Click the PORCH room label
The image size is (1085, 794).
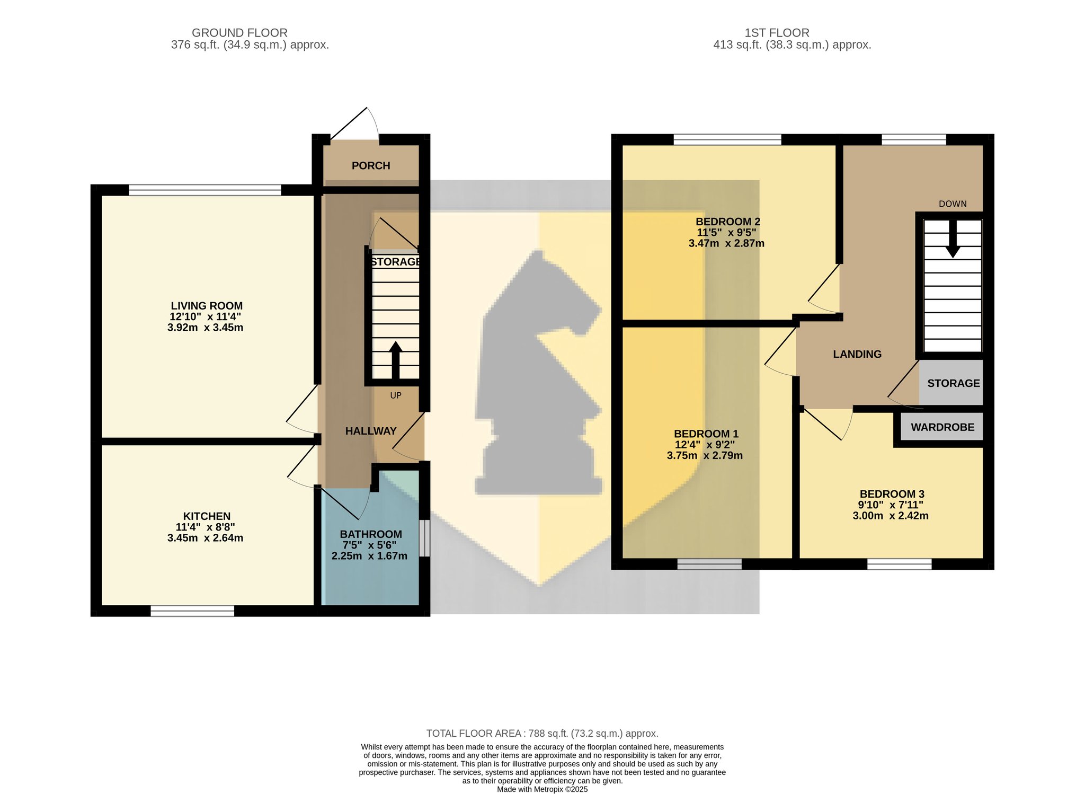point(371,166)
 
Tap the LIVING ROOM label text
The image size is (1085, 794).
point(207,306)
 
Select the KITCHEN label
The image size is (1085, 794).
point(207,516)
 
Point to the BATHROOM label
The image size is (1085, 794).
point(371,534)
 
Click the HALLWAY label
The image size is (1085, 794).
point(371,431)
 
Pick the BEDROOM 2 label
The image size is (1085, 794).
point(727,222)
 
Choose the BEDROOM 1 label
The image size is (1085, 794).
point(706,434)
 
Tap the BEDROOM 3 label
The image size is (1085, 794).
point(892,494)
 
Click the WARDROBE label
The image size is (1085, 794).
point(942,427)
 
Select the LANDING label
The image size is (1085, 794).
point(857,354)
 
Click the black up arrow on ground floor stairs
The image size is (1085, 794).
point(396,360)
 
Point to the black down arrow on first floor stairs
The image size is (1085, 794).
point(953,239)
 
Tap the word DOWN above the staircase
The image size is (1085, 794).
point(953,204)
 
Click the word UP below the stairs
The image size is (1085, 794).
point(396,395)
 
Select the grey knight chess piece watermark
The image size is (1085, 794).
point(538,373)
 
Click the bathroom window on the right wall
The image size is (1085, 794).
point(424,538)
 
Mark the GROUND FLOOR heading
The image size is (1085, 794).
point(239,33)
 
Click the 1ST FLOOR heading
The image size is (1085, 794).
point(777,33)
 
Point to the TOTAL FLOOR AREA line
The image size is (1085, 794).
point(542,734)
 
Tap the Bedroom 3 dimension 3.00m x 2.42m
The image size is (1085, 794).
point(891,516)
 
